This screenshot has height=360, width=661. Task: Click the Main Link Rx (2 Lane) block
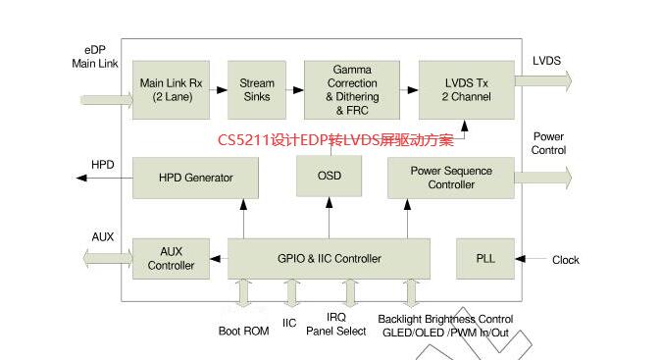point(171,89)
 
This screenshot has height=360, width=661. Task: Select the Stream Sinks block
point(257,89)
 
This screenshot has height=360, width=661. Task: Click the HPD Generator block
point(195,178)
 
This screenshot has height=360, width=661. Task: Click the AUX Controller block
point(171,259)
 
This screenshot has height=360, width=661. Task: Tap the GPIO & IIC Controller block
point(330,259)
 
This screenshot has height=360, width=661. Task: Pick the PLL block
point(485,259)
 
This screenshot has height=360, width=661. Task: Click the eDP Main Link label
point(95,56)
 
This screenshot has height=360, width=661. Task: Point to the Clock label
point(565,260)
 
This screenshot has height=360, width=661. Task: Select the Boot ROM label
point(243,331)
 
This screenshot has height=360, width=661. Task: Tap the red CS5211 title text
point(335,140)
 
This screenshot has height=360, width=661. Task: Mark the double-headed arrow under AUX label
point(107,258)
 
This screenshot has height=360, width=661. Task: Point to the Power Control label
point(548,143)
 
